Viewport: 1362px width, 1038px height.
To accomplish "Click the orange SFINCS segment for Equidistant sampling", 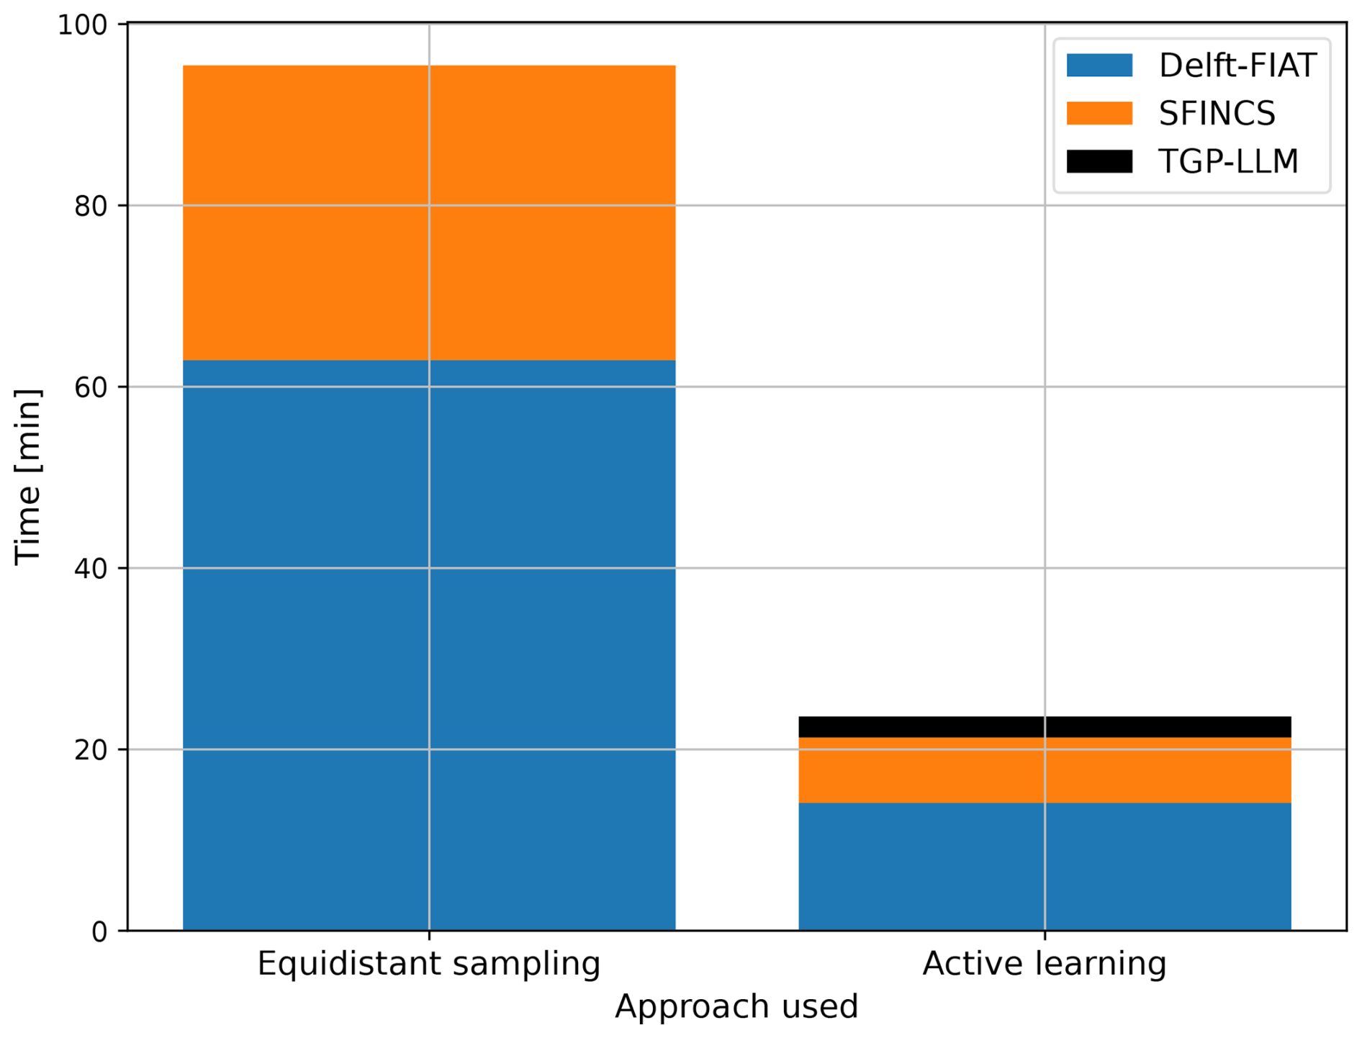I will tap(429, 212).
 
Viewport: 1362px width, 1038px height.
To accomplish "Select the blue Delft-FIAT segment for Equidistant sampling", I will tap(429, 644).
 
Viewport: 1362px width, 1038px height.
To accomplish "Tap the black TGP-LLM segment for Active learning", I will tap(1045, 726).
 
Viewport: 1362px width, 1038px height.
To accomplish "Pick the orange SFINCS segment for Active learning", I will tap(1045, 770).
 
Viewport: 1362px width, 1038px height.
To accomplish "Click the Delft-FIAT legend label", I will tap(1237, 66).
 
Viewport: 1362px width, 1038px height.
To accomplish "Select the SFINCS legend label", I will tap(1217, 113).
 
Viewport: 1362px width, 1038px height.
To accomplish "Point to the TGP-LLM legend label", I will tap(1228, 161).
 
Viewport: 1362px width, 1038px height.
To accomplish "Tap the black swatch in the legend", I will tap(1099, 161).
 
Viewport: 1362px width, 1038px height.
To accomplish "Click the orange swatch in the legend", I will tap(1099, 113).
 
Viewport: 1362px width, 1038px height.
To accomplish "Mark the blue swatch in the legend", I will tap(1099, 66).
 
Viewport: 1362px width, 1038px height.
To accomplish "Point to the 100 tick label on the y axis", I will tap(82, 25).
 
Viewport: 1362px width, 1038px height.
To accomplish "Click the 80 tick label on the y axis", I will tap(91, 207).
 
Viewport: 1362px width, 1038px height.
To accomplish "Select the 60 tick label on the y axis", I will tap(91, 388).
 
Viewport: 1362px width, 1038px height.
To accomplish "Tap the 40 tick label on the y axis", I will tap(91, 569).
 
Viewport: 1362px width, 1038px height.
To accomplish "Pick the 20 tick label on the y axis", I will tap(91, 751).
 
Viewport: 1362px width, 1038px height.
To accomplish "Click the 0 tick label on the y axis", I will tap(99, 932).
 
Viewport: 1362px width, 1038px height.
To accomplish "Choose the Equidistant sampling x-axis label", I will tap(429, 964).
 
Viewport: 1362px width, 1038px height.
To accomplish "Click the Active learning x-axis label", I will tap(1045, 964).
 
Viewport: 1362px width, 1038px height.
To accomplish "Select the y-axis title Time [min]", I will tap(29, 477).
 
